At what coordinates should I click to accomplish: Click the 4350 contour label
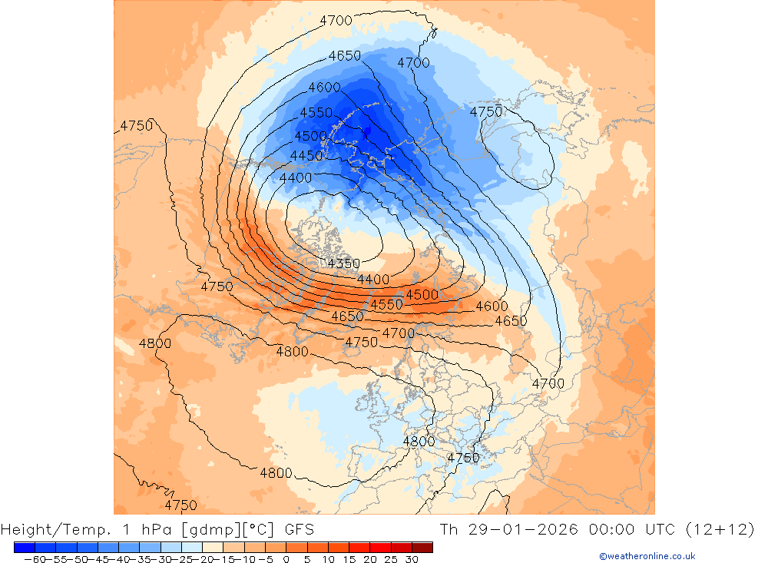(x=343, y=263)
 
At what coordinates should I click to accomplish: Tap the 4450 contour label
(x=306, y=156)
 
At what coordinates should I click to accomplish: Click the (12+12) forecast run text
(x=727, y=529)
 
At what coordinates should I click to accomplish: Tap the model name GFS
(x=299, y=529)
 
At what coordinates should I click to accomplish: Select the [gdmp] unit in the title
(x=206, y=529)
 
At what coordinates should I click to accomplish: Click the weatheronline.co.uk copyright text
(x=647, y=556)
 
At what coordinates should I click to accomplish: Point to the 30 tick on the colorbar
(x=412, y=559)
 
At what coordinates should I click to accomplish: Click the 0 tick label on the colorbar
(x=286, y=559)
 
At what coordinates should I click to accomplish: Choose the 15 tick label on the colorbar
(x=349, y=559)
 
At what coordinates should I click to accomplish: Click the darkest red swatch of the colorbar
(x=422, y=547)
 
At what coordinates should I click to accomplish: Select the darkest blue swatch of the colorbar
(x=24, y=547)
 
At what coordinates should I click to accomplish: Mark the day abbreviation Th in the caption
(x=449, y=529)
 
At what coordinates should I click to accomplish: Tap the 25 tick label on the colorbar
(x=391, y=559)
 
